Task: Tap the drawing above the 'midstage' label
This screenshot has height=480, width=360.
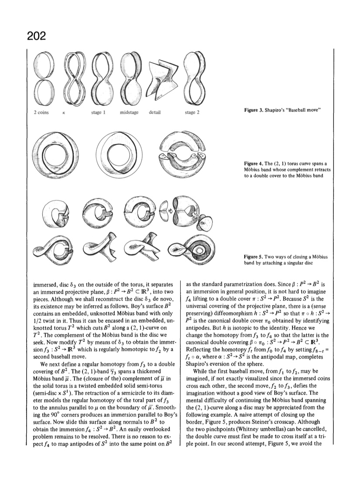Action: [129, 79]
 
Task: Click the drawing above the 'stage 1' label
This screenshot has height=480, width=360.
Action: [99, 79]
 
